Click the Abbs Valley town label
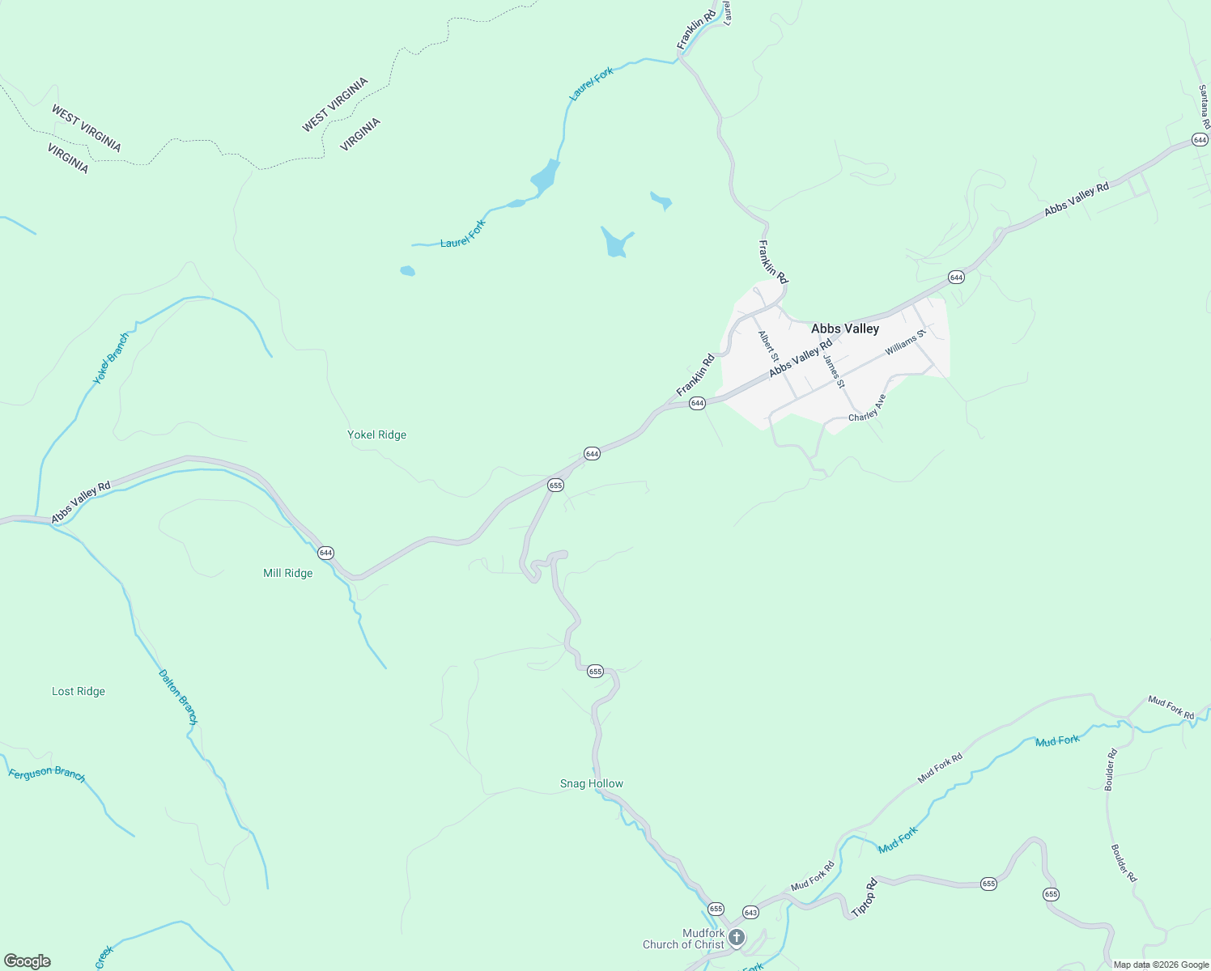pyautogui.click(x=844, y=329)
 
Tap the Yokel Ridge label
pyautogui.click(x=376, y=435)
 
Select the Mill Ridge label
pyautogui.click(x=287, y=573)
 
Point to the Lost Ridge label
pyautogui.click(x=79, y=691)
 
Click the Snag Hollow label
pyautogui.click(x=592, y=783)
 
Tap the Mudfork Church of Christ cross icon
pyautogui.click(x=737, y=938)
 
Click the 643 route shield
pyautogui.click(x=750, y=912)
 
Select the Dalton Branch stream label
pyautogui.click(x=177, y=697)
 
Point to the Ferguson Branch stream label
pyautogui.click(x=47, y=774)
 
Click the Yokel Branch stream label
pyautogui.click(x=111, y=358)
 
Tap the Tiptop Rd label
pyautogui.click(x=865, y=897)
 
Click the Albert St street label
pyautogui.click(x=768, y=346)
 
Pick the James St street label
pyautogui.click(x=834, y=371)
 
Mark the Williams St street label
pyautogui.click(x=904, y=343)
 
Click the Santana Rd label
pyautogui.click(x=1204, y=108)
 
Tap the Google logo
pyautogui.click(x=28, y=961)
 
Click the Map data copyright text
pyautogui.click(x=1161, y=965)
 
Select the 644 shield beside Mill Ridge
pyautogui.click(x=325, y=553)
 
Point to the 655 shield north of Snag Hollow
pyautogui.click(x=595, y=672)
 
